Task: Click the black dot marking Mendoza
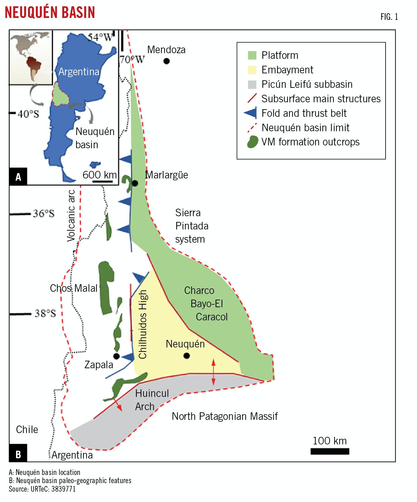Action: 167,61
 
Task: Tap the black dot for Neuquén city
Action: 187,356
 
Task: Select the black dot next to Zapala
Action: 116,356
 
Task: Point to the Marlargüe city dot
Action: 135,183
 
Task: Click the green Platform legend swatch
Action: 252,55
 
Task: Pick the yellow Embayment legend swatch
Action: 252,70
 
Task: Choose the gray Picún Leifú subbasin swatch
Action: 252,84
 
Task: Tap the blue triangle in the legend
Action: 251,113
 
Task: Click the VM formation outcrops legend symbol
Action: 252,142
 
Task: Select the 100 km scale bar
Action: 330,451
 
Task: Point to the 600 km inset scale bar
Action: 103,182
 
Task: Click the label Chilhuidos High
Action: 143,324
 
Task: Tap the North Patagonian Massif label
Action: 225,416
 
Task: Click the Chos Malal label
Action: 74,288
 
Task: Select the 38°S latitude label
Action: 45,313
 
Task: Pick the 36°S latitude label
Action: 43,214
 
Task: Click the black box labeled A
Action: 18,177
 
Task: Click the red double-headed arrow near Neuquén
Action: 214,372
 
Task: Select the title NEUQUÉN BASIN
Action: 50,13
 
